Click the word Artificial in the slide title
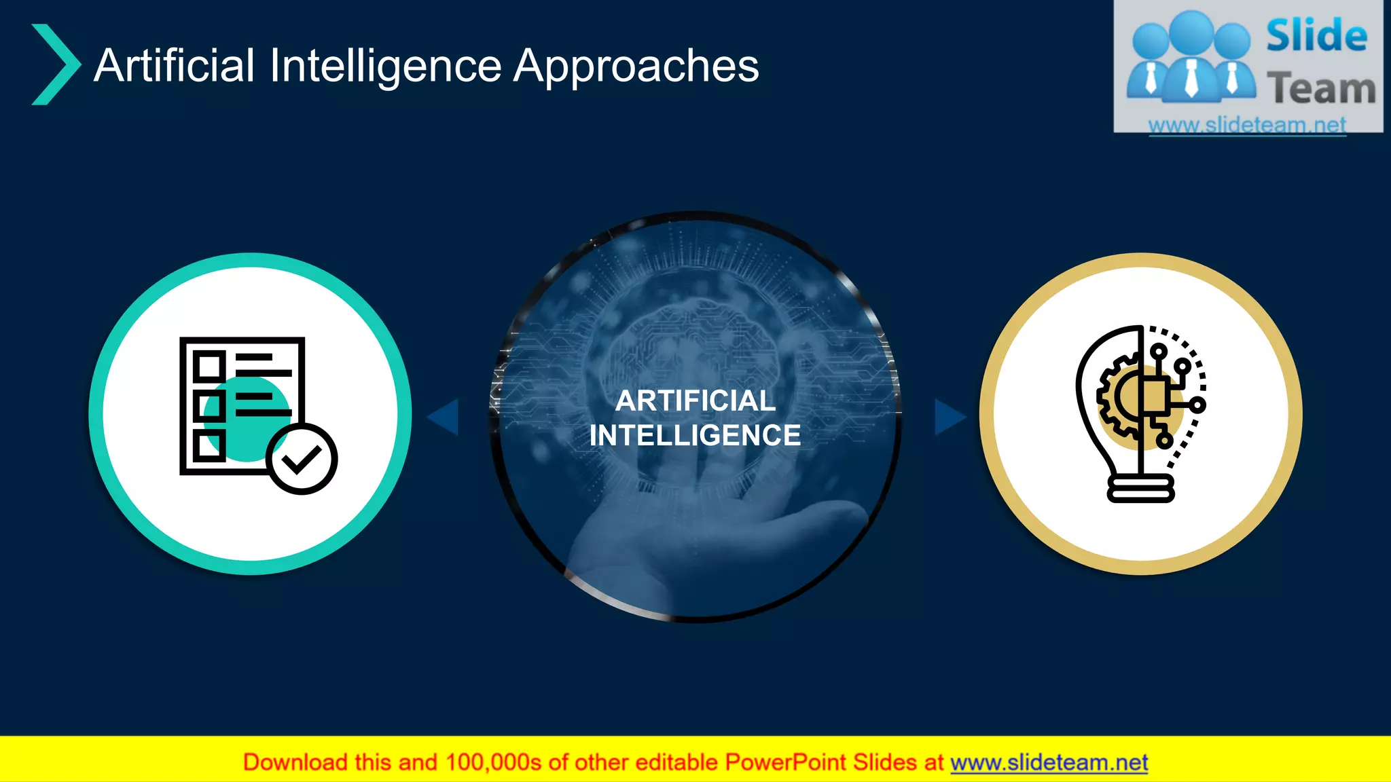[x=175, y=66]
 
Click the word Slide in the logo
[x=1316, y=36]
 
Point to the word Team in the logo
[x=1321, y=89]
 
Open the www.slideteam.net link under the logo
[x=1247, y=125]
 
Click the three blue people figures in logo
[x=1190, y=58]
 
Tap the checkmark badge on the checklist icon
[x=302, y=459]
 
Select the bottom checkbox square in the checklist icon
[x=209, y=445]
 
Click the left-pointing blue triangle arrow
[x=445, y=416]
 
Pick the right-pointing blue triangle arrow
[x=949, y=416]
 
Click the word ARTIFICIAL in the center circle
[x=695, y=401]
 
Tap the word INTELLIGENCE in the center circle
[x=695, y=435]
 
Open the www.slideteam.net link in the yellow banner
[x=1049, y=762]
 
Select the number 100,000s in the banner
[x=493, y=762]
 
